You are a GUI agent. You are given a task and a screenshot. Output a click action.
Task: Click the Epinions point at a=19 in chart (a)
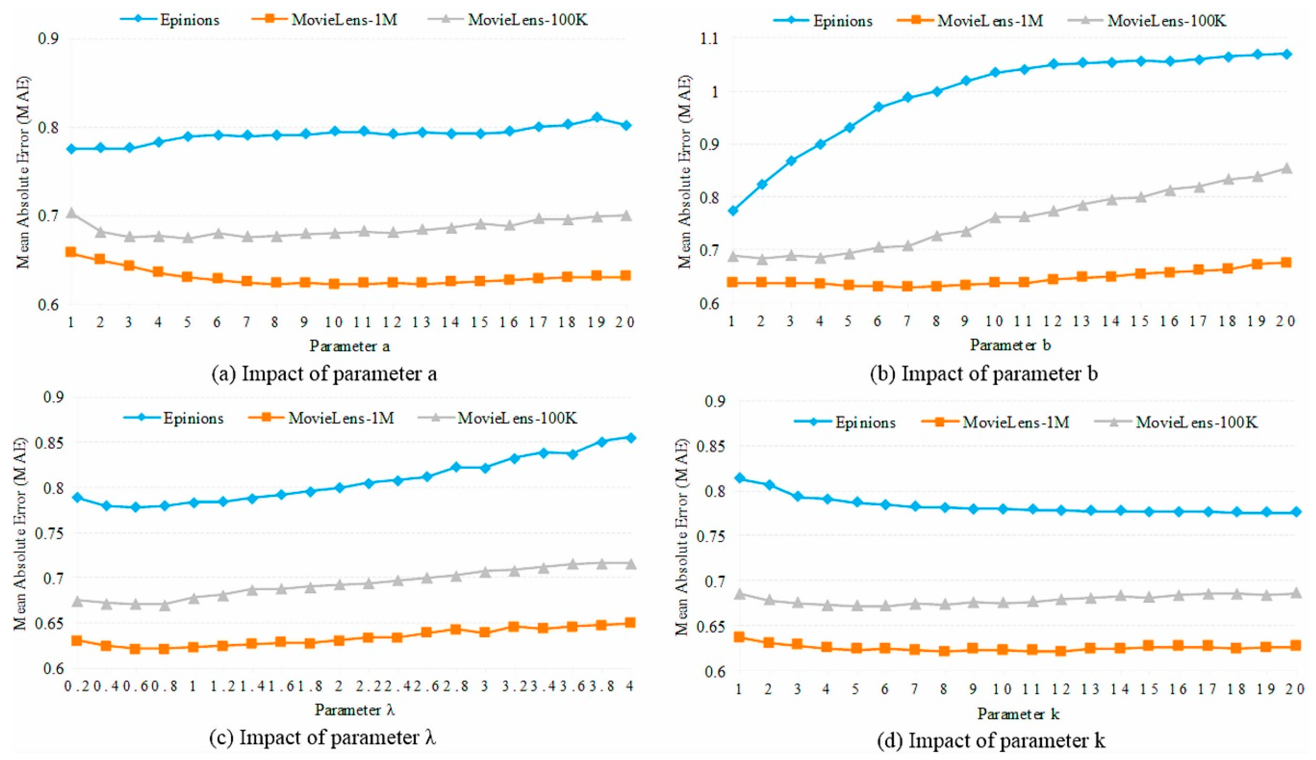click(x=597, y=117)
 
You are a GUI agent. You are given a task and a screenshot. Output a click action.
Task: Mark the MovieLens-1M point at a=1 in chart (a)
click(x=71, y=253)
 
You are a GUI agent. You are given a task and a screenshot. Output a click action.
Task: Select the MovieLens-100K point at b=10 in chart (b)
click(x=995, y=217)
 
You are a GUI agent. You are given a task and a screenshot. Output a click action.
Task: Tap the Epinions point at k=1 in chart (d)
click(x=739, y=478)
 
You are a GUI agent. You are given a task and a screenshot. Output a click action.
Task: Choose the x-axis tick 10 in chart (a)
click(x=334, y=322)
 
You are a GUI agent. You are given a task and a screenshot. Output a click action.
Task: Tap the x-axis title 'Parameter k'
click(x=1018, y=713)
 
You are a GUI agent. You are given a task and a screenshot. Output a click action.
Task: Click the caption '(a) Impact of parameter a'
click(x=324, y=374)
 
